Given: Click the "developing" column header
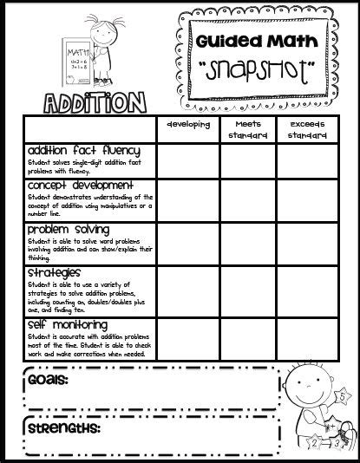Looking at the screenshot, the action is coord(187,126).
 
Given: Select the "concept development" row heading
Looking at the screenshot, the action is coord(80,186).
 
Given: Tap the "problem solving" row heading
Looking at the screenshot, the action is coord(69,229).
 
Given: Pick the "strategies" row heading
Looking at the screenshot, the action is coord(56,273).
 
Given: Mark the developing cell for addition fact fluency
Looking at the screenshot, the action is coord(187,160).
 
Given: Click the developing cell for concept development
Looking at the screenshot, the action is coord(187,199).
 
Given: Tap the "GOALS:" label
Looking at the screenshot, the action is coord(49,379).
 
